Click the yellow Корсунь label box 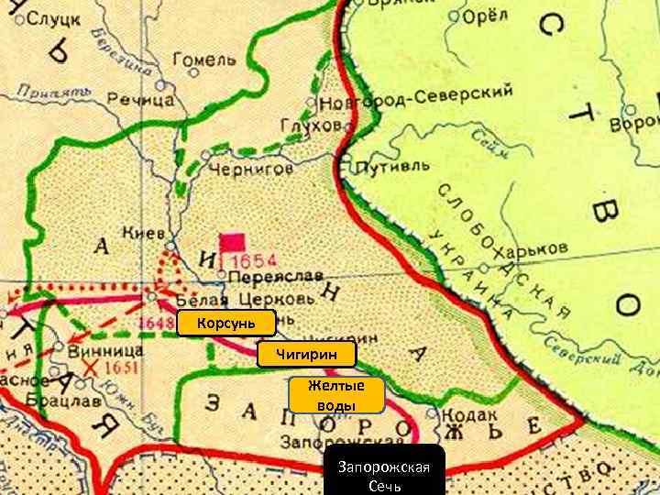(x=226, y=323)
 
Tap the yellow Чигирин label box (x=307, y=354)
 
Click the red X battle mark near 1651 (x=90, y=368)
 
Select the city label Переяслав (x=264, y=276)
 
